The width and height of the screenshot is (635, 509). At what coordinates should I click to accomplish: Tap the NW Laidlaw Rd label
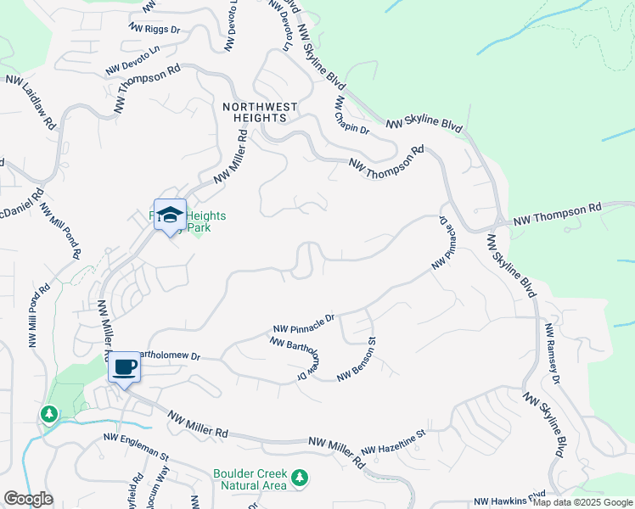(31, 101)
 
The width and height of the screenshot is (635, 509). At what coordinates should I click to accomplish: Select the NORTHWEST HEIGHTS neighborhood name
(261, 113)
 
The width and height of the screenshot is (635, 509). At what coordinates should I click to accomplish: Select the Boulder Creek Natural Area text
(250, 479)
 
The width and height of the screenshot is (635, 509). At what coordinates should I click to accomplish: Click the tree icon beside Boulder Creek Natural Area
(299, 479)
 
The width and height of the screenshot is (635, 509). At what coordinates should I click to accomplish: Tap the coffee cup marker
(124, 367)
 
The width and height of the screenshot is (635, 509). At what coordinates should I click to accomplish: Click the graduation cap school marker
(169, 214)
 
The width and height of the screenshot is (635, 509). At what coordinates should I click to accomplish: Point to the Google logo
(28, 499)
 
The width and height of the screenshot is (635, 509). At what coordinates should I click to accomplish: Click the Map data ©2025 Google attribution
(582, 502)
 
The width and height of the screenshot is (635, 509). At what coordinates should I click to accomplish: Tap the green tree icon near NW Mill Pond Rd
(49, 414)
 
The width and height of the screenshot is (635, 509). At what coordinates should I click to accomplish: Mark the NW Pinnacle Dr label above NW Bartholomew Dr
(304, 323)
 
